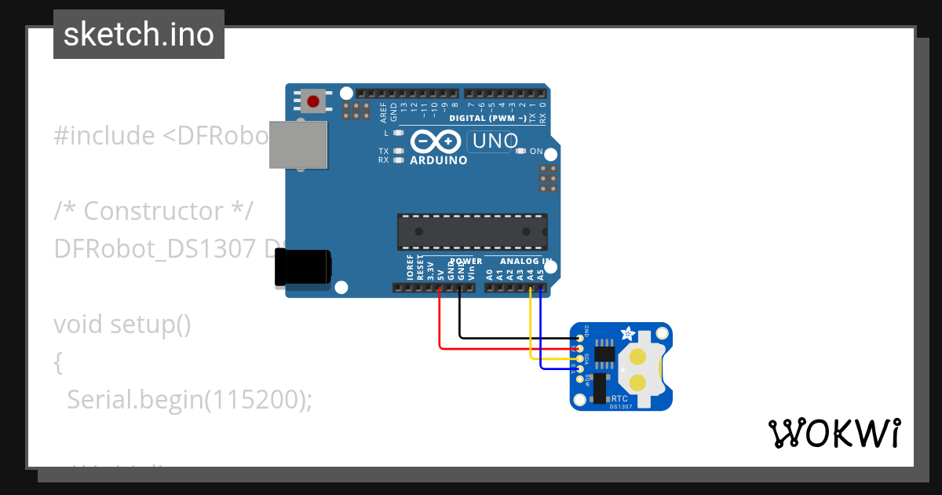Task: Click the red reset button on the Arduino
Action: [x=314, y=101]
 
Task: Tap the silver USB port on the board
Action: [x=298, y=145]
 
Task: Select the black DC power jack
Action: [x=302, y=268]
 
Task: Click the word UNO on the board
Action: [x=493, y=141]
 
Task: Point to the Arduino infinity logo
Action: [x=436, y=141]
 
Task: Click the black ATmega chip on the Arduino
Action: [x=472, y=231]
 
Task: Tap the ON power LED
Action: [x=520, y=151]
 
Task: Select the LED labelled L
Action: [x=398, y=133]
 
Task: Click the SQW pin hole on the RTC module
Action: [x=580, y=379]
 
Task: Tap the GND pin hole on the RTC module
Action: [x=580, y=339]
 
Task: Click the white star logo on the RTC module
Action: [x=628, y=334]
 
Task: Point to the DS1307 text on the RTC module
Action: [x=621, y=406]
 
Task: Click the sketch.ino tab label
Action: [x=139, y=35]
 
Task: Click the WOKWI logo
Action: [x=834, y=433]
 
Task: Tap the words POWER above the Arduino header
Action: [x=466, y=261]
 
